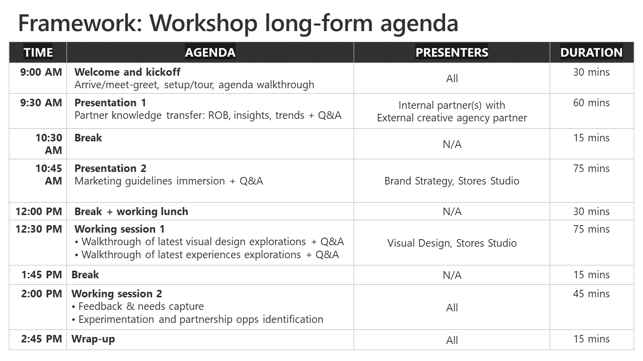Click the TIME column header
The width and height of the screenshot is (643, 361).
38,53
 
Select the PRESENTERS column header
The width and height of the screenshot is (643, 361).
452,53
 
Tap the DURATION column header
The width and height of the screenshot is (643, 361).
591,53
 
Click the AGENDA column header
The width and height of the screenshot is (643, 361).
210,53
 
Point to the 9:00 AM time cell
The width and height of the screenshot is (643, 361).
41,72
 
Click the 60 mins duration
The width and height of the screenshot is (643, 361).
591,103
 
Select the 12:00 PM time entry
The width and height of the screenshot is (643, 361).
39,212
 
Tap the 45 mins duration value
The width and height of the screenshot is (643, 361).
591,294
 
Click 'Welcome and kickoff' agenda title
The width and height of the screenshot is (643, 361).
127,72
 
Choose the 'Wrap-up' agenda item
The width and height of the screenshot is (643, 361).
93,339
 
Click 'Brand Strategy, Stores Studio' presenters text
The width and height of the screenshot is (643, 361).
452,181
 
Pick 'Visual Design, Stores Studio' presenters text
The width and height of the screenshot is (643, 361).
452,243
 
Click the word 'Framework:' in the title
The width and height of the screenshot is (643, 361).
80,24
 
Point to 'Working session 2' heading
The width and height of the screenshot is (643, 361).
117,294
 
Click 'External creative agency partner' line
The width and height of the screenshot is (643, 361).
452,118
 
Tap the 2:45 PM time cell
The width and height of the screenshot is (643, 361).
42,339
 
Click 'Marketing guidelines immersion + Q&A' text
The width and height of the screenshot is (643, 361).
169,181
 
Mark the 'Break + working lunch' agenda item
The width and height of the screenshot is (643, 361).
131,212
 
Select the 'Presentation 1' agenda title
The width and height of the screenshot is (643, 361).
110,103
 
